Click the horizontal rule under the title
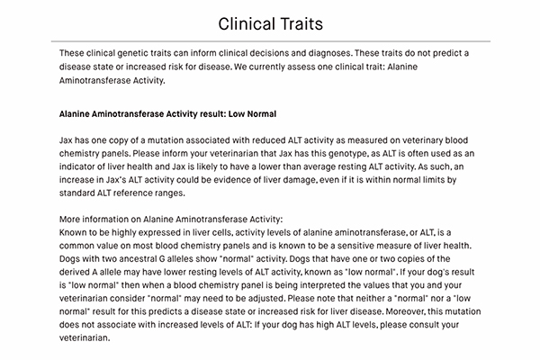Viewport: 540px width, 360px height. (270, 41)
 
